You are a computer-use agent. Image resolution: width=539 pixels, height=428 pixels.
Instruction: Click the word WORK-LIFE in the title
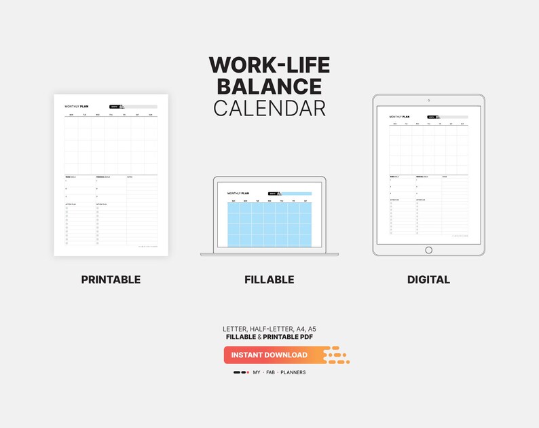[x=269, y=65]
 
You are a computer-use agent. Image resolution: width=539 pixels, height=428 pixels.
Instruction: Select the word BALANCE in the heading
[x=269, y=86]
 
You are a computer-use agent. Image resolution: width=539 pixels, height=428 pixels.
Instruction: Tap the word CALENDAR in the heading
[x=269, y=108]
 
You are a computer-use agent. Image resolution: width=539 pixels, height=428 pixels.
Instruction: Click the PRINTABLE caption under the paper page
[x=111, y=279]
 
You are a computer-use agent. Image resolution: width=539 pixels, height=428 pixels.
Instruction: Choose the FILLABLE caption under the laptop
[x=269, y=279]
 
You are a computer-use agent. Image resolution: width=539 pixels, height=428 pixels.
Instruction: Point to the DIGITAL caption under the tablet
[x=428, y=279]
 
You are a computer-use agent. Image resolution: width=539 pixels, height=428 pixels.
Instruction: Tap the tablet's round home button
[x=428, y=250]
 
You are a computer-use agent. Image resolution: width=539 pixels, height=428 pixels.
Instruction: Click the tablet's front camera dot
[x=428, y=101]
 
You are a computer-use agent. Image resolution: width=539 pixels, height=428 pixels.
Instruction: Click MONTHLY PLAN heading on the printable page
[x=77, y=107]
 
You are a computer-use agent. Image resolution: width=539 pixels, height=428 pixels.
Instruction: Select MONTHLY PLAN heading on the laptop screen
[x=239, y=193]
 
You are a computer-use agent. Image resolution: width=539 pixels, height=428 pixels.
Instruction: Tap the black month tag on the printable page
[x=114, y=107]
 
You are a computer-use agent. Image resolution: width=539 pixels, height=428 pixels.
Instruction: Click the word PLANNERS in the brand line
[x=293, y=372]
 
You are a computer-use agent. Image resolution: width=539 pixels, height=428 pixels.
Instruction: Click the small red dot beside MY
[x=248, y=372]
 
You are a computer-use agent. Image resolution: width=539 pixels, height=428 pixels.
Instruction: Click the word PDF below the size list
[x=307, y=336]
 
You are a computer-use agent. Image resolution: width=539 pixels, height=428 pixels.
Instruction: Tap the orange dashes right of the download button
[x=336, y=355]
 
